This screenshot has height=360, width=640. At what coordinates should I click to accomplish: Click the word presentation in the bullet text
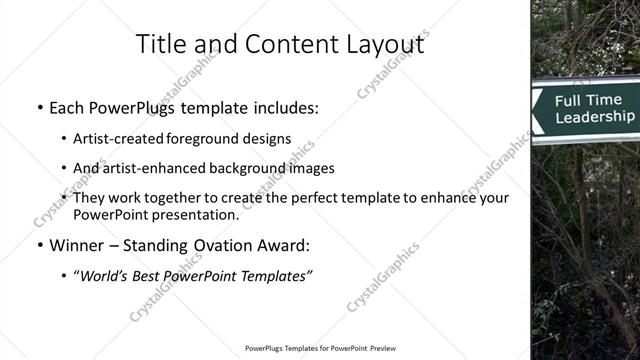pos(198,214)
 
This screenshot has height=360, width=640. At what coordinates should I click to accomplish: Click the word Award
pos(286,244)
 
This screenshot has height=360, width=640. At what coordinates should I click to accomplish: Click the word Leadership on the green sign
pos(594,117)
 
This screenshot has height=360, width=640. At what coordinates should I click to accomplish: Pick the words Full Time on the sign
pos(588,100)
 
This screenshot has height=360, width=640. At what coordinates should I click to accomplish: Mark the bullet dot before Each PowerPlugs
pos(38,107)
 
